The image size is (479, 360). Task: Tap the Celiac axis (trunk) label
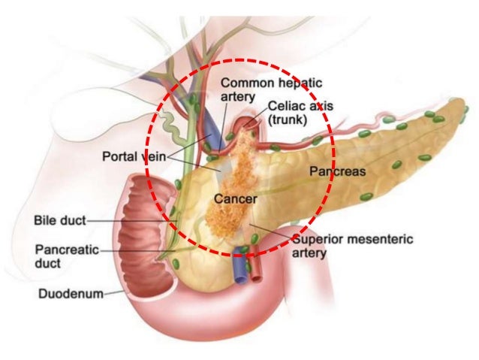(300, 113)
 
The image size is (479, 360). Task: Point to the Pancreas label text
(338, 171)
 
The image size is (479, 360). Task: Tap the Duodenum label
(71, 294)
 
